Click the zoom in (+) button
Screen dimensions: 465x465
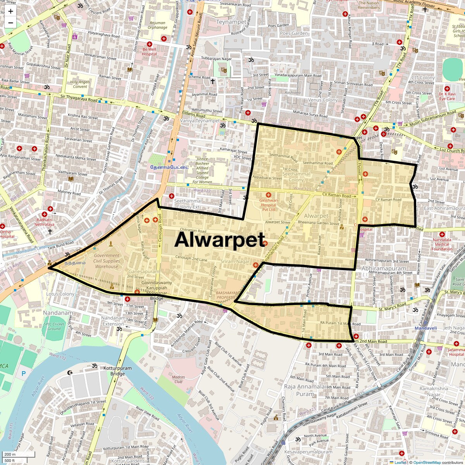(10, 11)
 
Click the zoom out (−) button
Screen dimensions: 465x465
(10, 22)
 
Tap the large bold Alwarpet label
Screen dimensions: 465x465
(220, 240)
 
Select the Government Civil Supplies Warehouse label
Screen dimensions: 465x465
(107, 261)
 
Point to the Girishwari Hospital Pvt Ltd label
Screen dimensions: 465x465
(268, 205)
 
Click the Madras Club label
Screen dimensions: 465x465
(178, 379)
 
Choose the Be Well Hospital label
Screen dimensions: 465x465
(149, 52)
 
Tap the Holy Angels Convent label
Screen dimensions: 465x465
(80, 84)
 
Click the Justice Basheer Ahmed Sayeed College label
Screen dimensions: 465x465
(202, 170)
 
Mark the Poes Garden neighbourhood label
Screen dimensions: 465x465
(294, 33)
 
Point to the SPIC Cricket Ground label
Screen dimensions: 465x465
(54, 326)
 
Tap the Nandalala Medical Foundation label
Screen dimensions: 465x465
(442, 244)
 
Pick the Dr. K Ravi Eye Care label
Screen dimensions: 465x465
(447, 96)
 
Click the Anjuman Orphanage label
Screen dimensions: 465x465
(157, 25)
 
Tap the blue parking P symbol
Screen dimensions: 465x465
(23, 374)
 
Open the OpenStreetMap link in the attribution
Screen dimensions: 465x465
(427, 462)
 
